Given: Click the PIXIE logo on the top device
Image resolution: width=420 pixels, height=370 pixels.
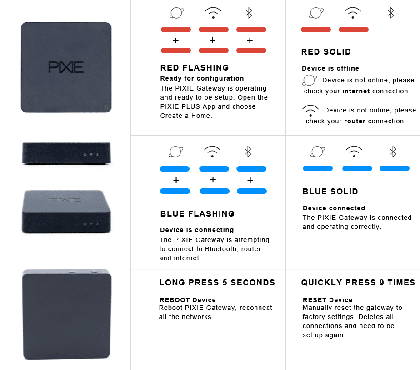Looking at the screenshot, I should click(x=66, y=67).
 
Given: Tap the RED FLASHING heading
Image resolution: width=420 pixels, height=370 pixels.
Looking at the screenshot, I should click(x=195, y=68).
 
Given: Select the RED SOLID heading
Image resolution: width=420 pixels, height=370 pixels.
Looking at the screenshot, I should click(x=326, y=52).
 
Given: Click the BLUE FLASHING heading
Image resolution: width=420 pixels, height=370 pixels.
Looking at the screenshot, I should click(x=197, y=214).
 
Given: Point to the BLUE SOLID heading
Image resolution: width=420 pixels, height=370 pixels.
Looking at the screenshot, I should click(x=330, y=192).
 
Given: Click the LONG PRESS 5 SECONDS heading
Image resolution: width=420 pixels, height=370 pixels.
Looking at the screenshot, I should click(x=217, y=283).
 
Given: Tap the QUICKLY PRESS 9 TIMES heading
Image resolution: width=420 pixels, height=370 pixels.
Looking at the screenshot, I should click(x=358, y=283).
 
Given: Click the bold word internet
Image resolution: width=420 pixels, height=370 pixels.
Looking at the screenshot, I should click(x=356, y=91).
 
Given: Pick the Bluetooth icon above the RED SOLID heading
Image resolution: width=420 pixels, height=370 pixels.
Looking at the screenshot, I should click(x=390, y=13).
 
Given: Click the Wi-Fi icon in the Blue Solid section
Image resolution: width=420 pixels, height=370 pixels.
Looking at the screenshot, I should click(x=354, y=151).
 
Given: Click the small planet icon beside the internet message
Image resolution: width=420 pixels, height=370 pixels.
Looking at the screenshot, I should click(x=310, y=81).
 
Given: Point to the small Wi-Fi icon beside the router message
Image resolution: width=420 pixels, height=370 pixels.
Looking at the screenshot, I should click(x=310, y=111).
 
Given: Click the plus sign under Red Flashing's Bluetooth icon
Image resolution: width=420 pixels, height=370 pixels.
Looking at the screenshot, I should click(x=250, y=41).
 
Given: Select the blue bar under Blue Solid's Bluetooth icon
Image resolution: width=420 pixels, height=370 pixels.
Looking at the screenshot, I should click(x=394, y=168).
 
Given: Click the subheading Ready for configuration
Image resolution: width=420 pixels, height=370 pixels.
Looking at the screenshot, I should click(x=202, y=78).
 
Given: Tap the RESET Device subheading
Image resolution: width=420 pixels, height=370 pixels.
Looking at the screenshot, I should click(x=327, y=300).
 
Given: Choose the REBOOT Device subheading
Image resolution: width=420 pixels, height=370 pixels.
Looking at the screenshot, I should click(x=187, y=300).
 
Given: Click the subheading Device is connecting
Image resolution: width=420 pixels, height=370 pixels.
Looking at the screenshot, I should click(x=197, y=230).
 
